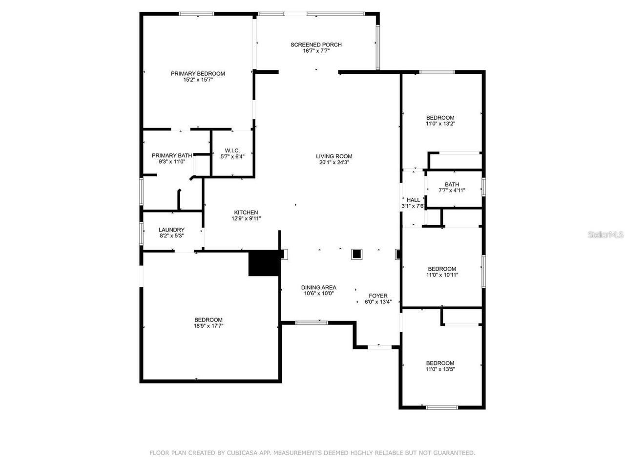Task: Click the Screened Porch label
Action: click(x=316, y=45)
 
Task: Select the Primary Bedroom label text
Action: click(x=198, y=74)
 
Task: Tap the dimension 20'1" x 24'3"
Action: click(x=334, y=163)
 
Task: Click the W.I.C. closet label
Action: click(x=232, y=150)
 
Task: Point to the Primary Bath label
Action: click(x=171, y=155)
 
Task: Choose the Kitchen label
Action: click(x=246, y=213)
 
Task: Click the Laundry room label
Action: click(x=171, y=230)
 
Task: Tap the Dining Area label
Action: click(x=318, y=288)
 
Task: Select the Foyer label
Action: click(x=378, y=296)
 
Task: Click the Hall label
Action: click(x=413, y=200)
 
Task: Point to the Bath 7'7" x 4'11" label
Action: click(x=452, y=185)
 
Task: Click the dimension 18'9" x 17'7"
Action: click(x=208, y=326)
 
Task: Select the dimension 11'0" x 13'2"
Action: click(x=440, y=124)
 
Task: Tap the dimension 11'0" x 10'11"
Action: click(x=442, y=275)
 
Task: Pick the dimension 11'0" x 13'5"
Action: click(x=440, y=369)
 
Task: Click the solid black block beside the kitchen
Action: click(x=264, y=264)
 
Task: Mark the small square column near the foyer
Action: click(x=357, y=254)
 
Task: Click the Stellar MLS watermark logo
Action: click(x=605, y=235)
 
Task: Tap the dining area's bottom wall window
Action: click(x=312, y=322)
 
